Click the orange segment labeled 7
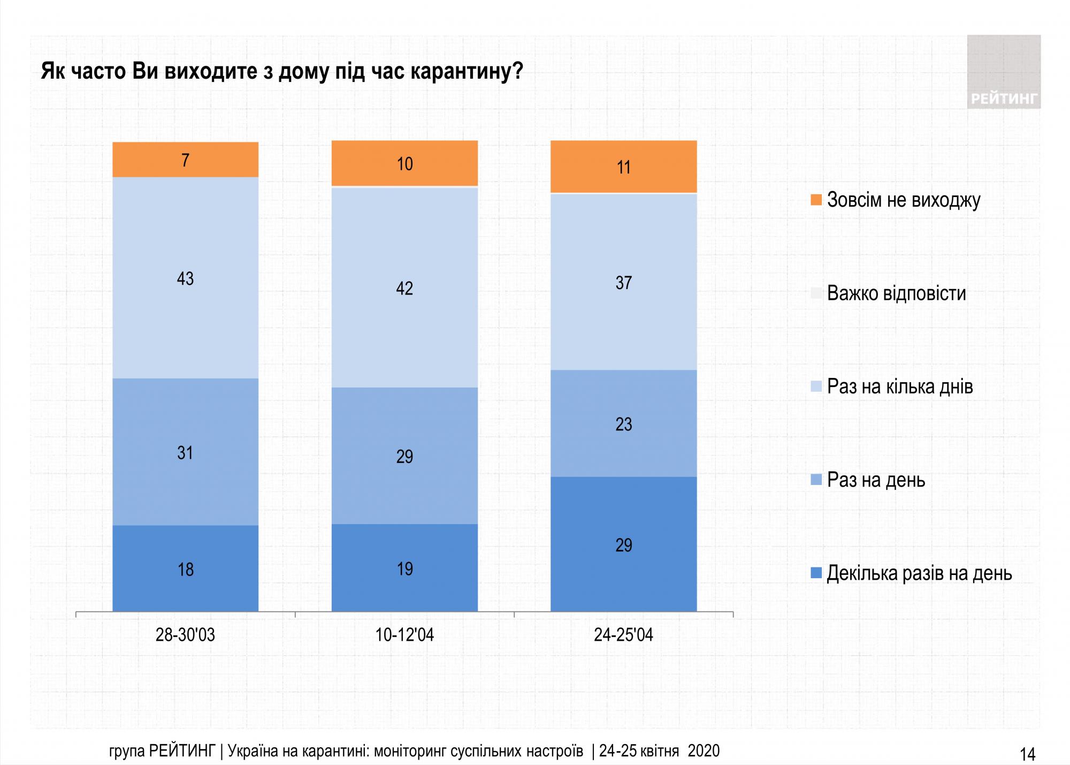point(185,160)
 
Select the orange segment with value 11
point(623,166)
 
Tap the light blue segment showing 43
point(185,278)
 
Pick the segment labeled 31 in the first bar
point(185,452)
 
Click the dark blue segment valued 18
point(185,569)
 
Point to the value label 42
point(404,288)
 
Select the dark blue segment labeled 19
point(404,568)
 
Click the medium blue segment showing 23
point(623,423)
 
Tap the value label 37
point(623,282)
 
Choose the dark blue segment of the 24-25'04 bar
point(623,544)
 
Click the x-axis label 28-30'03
point(185,635)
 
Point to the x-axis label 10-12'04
point(404,635)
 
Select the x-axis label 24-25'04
point(623,635)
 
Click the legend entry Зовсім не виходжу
point(903,200)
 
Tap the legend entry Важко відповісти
point(896,293)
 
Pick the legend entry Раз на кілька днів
point(899,387)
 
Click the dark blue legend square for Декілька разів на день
point(816,573)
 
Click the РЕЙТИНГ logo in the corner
point(1004,72)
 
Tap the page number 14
point(1027,754)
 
